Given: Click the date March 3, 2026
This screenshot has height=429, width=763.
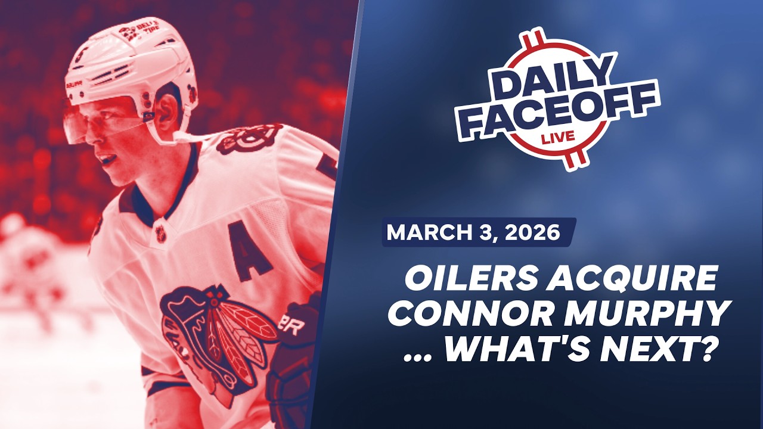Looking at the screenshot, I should [474, 232].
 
